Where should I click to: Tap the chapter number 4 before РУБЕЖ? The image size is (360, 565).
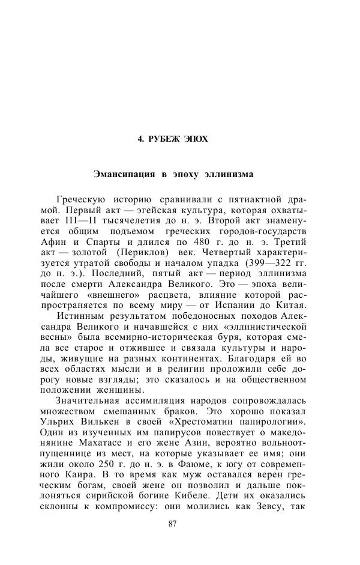point(140,139)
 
